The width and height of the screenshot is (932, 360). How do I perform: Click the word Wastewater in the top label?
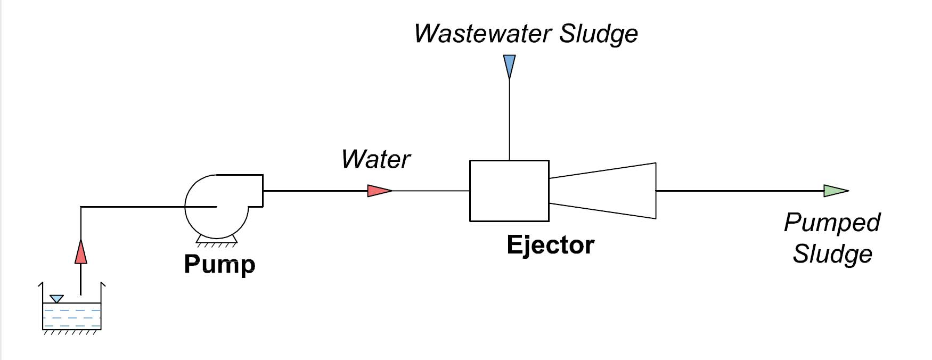[482, 34]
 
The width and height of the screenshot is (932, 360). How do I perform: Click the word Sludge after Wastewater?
[599, 34]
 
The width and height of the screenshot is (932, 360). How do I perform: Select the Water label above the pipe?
[375, 159]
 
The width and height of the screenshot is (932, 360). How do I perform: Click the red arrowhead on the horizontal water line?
[379, 191]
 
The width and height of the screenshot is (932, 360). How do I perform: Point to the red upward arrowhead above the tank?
[80, 252]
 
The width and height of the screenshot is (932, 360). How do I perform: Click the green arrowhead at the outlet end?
[835, 191]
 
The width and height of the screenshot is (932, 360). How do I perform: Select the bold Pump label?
[219, 264]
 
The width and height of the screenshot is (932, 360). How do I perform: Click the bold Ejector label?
[550, 245]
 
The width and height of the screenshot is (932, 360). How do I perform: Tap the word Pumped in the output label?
[832, 223]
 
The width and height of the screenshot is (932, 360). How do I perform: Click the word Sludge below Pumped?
[832, 253]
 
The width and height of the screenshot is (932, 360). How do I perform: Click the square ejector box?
[509, 191]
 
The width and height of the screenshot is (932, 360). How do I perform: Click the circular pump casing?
[216, 218]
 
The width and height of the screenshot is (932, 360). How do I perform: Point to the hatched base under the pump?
[216, 242]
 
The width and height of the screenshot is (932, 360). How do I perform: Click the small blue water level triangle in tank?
[56, 299]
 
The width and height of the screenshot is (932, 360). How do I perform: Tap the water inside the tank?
[72, 317]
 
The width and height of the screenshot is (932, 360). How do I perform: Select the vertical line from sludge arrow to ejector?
[509, 120]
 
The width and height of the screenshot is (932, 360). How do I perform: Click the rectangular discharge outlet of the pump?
[255, 190]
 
